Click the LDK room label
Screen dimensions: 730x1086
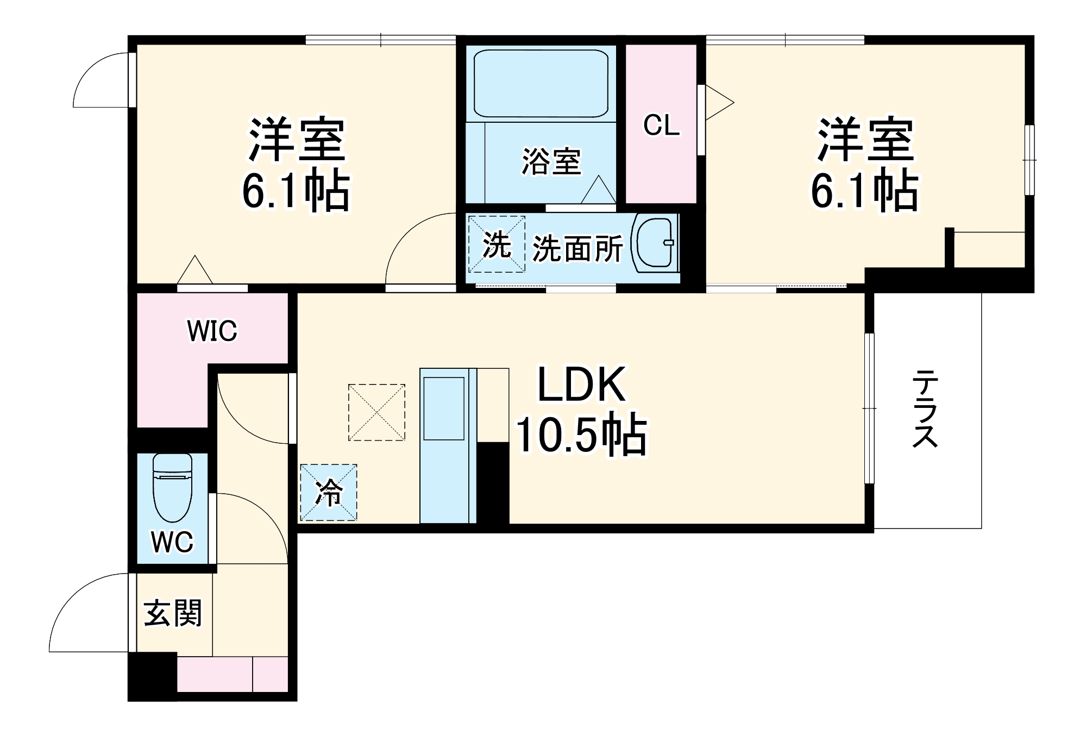(581, 385)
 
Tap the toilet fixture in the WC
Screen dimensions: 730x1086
(172, 487)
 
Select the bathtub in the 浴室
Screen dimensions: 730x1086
(541, 84)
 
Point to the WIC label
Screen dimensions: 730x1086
(212, 331)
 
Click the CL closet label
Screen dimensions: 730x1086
(661, 125)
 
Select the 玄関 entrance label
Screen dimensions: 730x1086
(173, 613)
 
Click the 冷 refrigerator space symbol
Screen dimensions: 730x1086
(329, 493)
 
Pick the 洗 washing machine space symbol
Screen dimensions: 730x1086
(497, 244)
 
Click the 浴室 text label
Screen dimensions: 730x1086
(551, 161)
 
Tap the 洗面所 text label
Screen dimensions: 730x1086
(577, 249)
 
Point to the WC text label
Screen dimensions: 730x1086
(172, 542)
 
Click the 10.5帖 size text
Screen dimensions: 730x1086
(581, 435)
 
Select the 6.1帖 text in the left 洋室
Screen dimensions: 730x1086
(296, 191)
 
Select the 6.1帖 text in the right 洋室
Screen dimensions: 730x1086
(864, 191)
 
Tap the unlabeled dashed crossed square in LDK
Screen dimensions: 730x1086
(376, 412)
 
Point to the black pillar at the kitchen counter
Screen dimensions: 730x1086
(493, 483)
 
